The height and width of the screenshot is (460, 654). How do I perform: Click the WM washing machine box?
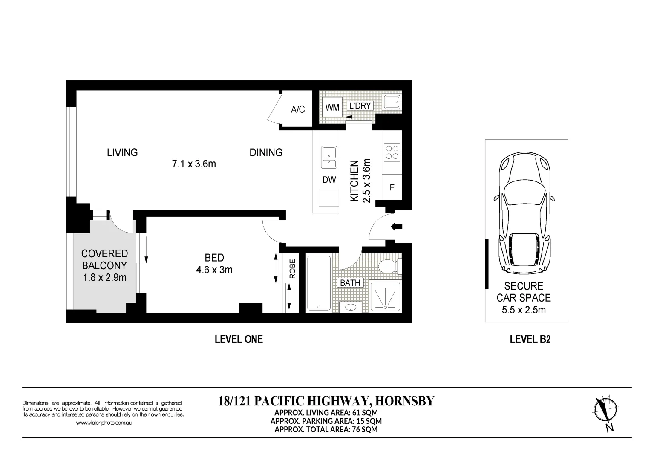(332, 107)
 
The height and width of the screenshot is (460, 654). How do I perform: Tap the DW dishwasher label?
(329, 180)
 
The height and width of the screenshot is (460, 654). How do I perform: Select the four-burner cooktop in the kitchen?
(392, 152)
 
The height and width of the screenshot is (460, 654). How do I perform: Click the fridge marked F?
(392, 187)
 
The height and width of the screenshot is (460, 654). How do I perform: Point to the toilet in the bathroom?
(389, 266)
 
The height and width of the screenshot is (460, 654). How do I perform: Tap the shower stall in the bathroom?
(386, 296)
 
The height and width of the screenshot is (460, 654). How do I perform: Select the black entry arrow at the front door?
(397, 227)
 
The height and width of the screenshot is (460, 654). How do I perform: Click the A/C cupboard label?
(298, 109)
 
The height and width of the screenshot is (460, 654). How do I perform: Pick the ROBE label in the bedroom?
(292, 269)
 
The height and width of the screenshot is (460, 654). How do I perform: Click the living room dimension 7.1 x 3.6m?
(194, 164)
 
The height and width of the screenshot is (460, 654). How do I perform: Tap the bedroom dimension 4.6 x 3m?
(214, 270)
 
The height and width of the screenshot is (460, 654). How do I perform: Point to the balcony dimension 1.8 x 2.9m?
(104, 277)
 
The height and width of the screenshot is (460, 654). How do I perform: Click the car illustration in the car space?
(524, 213)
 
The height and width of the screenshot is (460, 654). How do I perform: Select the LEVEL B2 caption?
(530, 339)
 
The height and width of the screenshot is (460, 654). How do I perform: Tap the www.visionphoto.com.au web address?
(104, 423)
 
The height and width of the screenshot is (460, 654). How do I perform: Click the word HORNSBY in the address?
(405, 401)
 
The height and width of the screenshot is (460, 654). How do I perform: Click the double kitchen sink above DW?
(329, 158)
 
